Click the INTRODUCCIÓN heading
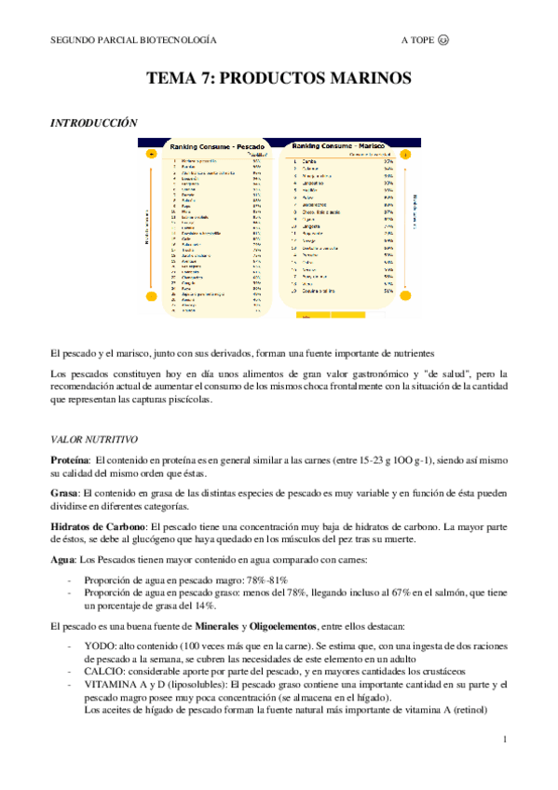coord(93,123)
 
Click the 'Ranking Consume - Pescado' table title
coord(215,147)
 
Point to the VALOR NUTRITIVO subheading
coord(94,438)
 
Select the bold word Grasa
coord(64,495)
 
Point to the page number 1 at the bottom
coord(504,740)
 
